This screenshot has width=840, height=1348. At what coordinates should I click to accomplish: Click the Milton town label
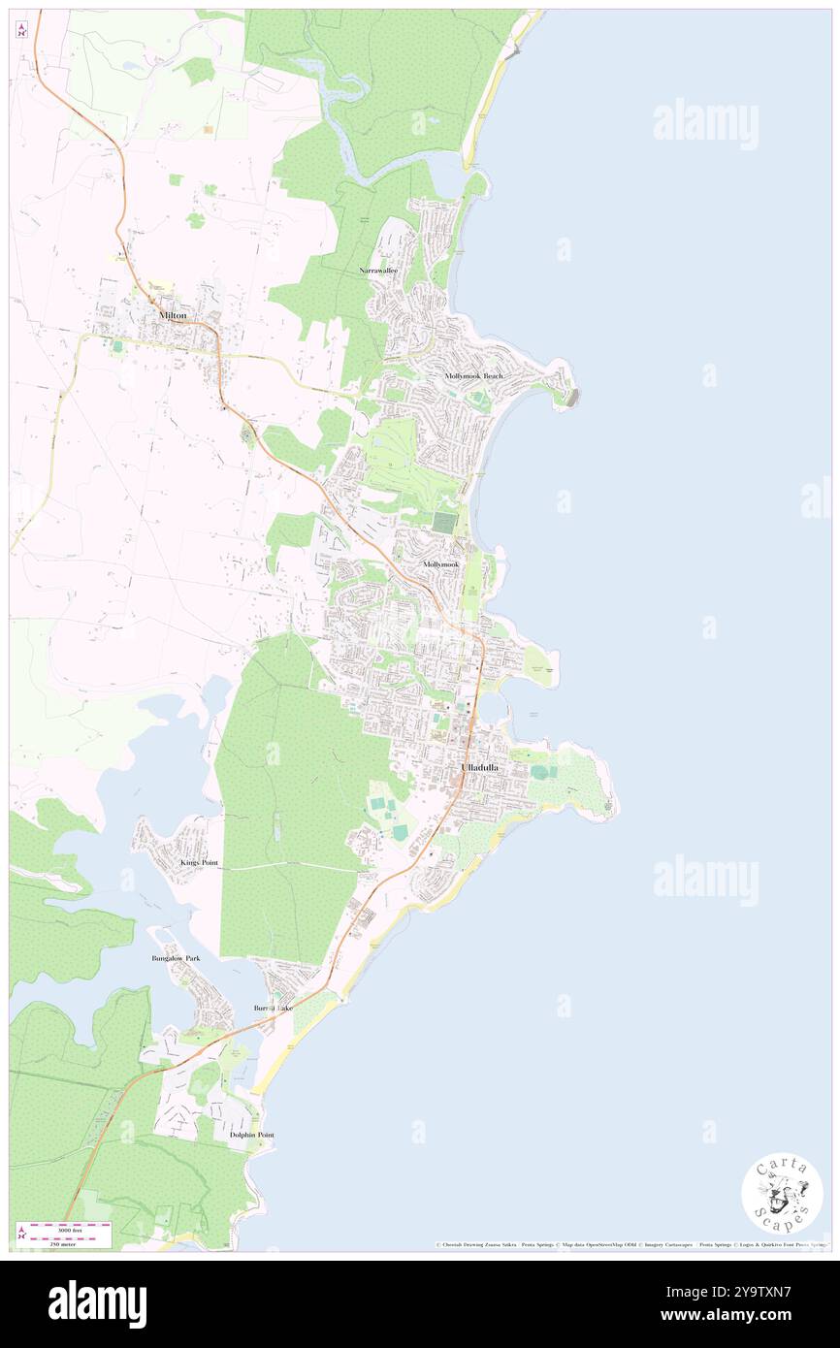pyautogui.click(x=173, y=315)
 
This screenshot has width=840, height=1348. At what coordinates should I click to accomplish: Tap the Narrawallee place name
pyautogui.click(x=380, y=271)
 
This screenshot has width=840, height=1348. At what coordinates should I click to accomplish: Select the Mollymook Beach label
pyautogui.click(x=474, y=375)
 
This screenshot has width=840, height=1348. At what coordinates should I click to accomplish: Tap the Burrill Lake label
pyautogui.click(x=274, y=1009)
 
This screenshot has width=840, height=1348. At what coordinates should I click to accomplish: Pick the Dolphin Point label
pyautogui.click(x=252, y=1135)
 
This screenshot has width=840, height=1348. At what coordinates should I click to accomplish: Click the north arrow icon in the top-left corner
pyautogui.click(x=21, y=29)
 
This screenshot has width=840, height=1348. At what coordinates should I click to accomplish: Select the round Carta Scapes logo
pyautogui.click(x=782, y=1193)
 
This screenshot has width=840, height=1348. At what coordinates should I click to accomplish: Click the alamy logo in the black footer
pyautogui.click(x=97, y=1302)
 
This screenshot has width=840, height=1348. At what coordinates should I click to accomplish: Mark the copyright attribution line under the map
pyautogui.click(x=630, y=1245)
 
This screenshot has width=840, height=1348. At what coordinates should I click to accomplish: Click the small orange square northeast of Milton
pyautogui.click(x=208, y=129)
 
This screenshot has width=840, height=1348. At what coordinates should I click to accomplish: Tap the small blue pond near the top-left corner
pyautogui.click(x=131, y=66)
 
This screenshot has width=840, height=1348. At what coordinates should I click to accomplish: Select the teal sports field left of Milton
pyautogui.click(x=118, y=345)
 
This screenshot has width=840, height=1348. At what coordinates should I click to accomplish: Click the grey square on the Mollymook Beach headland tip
pyautogui.click(x=576, y=397)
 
